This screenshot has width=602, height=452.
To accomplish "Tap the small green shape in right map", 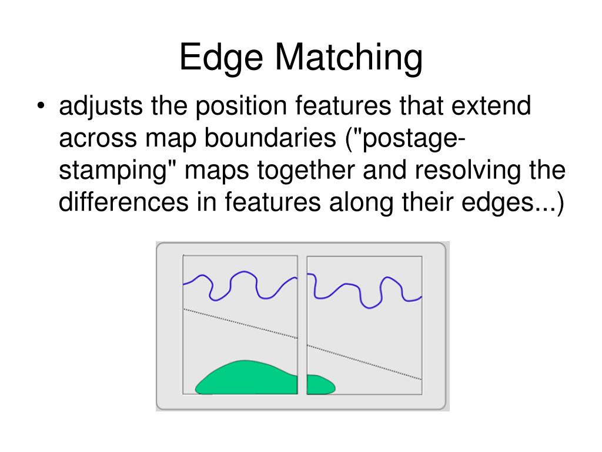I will (x=319, y=385).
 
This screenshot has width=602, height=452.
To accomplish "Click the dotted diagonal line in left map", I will (x=241, y=323).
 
